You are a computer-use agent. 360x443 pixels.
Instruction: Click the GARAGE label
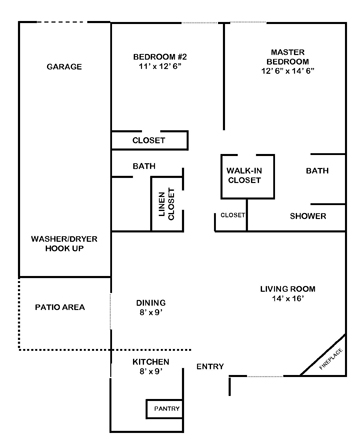point(63,67)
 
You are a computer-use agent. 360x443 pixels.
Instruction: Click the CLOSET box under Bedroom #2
point(148,140)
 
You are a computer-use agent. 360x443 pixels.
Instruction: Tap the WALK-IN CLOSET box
point(244,175)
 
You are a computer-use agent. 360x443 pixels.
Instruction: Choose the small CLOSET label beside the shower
point(232,215)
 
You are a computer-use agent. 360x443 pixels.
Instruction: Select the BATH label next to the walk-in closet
point(317,171)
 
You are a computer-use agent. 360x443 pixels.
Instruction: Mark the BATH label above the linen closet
point(142,165)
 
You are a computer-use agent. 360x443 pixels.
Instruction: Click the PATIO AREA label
point(60,307)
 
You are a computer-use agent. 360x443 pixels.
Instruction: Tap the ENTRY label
point(211,367)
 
